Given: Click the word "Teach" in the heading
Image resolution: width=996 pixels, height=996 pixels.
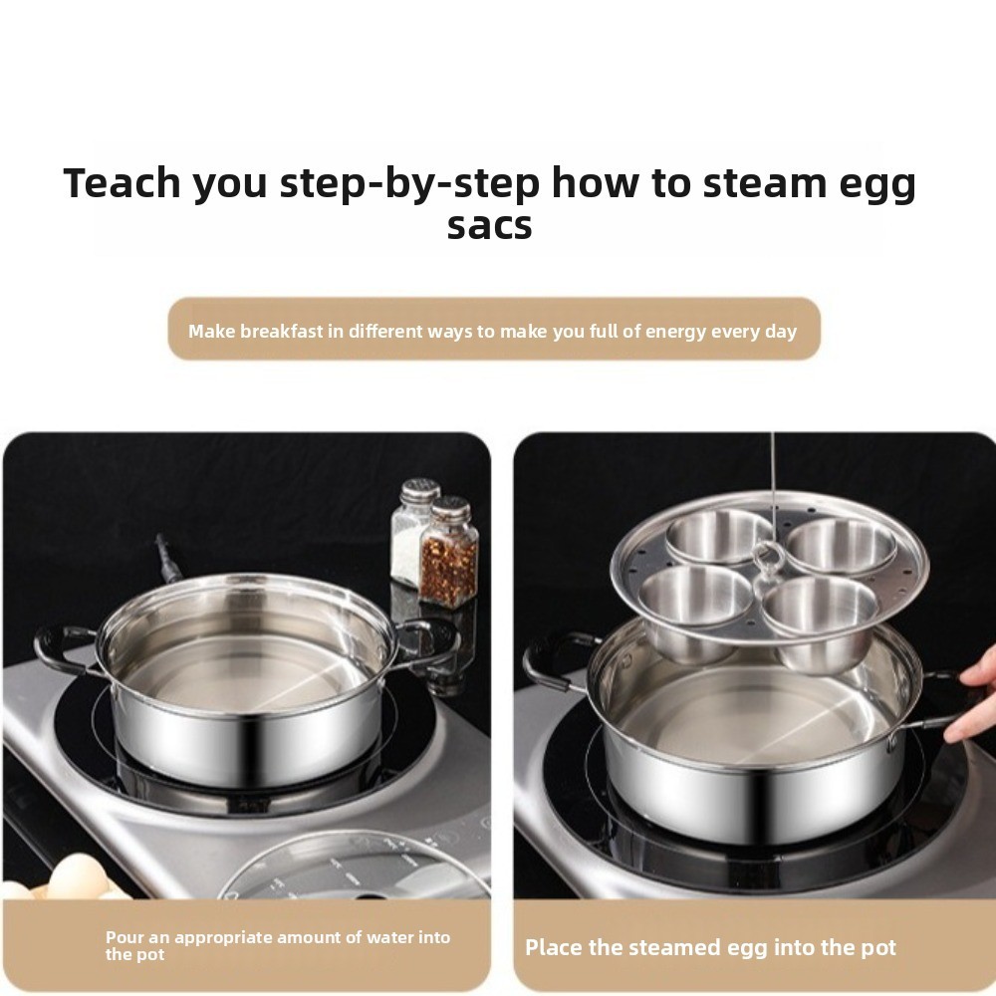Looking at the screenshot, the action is pos(123,183).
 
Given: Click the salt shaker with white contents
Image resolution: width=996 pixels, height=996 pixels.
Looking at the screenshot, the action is pos(413,531).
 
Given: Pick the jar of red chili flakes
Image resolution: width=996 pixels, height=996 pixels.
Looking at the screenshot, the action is pos(448,552).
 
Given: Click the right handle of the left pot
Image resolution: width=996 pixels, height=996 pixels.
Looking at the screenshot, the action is pos(427,641).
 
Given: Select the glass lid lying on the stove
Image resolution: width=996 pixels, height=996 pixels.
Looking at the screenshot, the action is pos(354,868).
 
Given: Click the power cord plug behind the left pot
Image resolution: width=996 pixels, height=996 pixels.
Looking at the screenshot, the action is pos(167,560).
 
